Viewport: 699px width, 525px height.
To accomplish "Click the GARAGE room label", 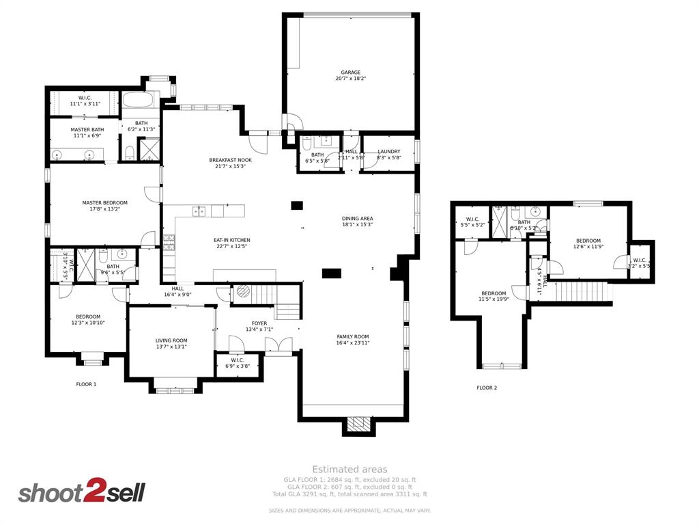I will tap(351, 72).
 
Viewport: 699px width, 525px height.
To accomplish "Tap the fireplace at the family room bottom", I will tap(358, 425).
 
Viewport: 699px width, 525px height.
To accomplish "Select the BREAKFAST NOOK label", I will tap(230, 160).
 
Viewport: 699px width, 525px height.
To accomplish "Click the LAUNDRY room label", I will tap(388, 152).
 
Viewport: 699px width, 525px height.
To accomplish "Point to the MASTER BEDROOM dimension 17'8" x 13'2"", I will tap(104, 209).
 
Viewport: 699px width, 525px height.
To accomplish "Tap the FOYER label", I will tap(259, 323).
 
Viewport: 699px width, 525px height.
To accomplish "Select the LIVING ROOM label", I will tap(171, 340).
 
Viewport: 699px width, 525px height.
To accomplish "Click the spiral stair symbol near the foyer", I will tap(244, 292).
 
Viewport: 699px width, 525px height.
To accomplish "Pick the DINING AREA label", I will tap(357, 219).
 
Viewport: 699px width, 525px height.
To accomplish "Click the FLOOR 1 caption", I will tap(86, 384).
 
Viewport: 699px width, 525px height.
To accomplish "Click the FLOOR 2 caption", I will tap(487, 388).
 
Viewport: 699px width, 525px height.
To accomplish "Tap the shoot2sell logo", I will tap(81, 492).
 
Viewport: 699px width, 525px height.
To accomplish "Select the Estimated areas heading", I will tap(349, 469).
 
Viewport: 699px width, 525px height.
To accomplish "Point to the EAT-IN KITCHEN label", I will tap(232, 240).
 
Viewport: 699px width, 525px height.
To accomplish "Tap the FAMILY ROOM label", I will tap(352, 336).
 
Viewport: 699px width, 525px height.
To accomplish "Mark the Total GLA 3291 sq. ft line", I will tap(349, 494).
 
